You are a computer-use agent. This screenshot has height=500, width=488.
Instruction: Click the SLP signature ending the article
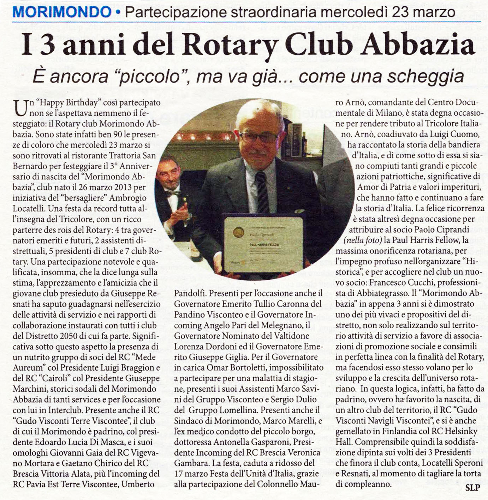[472, 488]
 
